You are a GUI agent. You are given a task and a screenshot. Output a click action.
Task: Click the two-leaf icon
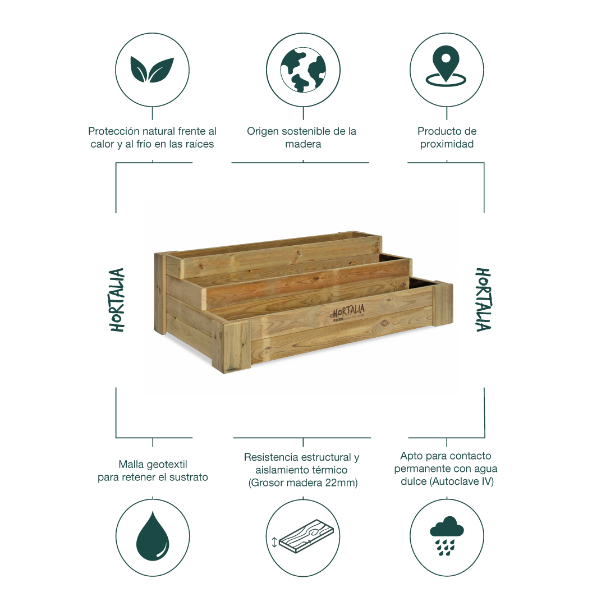click(152, 70)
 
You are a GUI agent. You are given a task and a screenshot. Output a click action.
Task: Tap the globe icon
click(303, 70)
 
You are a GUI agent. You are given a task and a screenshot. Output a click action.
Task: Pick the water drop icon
click(153, 536)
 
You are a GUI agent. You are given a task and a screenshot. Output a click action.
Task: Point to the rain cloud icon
click(447, 536)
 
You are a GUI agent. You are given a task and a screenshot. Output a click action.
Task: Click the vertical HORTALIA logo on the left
click(117, 300)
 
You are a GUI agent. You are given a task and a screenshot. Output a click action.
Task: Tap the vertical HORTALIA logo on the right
click(483, 300)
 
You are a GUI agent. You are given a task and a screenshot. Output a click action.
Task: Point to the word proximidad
click(447, 144)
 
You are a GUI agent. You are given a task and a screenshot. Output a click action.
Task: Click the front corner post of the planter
click(231, 346)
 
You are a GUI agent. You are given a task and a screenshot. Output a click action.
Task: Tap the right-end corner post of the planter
click(443, 304)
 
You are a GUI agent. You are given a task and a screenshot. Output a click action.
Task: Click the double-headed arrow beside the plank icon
click(274, 542)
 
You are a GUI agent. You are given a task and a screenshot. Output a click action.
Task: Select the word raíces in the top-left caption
click(199, 144)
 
